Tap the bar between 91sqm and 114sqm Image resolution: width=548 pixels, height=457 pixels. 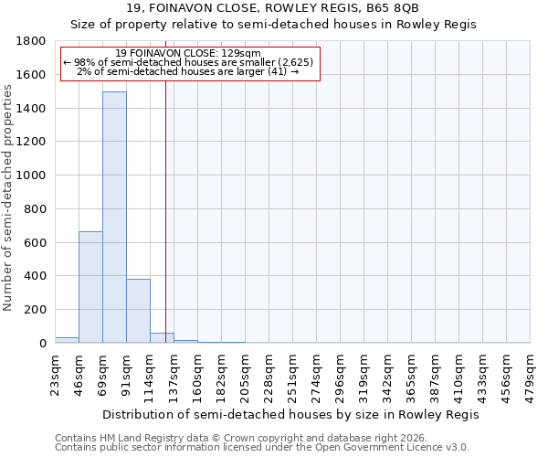coord(138,311)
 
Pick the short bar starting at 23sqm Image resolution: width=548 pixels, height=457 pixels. coord(67,340)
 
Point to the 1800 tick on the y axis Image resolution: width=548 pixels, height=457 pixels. coord(32,41)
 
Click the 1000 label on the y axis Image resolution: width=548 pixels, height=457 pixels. coord(32,175)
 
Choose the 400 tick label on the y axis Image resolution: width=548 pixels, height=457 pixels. coord(36,276)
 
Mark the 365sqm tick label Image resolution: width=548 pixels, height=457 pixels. coord(412,375)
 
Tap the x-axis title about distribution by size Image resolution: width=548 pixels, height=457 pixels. coord(290,414)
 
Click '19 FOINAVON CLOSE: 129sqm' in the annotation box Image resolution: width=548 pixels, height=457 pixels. coord(189,53)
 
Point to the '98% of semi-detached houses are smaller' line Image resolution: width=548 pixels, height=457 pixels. coord(189,62)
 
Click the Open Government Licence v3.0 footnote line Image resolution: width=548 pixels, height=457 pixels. coord(262,448)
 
